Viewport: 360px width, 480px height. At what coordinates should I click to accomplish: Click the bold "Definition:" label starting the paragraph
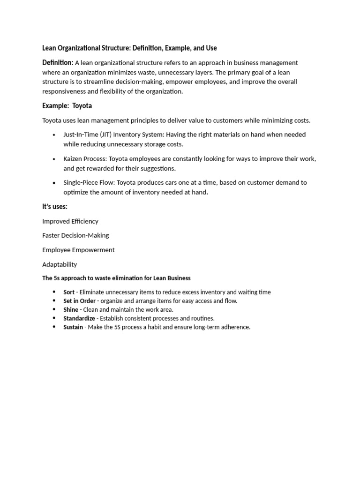coord(58,62)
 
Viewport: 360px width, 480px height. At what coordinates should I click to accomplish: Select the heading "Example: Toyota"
coord(67,106)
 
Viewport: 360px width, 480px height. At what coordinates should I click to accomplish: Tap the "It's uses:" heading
coord(55,206)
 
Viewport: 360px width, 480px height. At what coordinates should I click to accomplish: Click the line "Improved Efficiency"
coord(70,221)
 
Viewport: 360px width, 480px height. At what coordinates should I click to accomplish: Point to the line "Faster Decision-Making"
coord(75,235)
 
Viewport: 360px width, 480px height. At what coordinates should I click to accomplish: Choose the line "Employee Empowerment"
coord(78,250)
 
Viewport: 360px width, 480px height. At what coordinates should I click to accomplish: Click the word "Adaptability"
coord(60,264)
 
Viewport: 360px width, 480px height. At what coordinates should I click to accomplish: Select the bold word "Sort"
coord(69,292)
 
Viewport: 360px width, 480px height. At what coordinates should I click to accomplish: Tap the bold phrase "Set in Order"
coord(79,301)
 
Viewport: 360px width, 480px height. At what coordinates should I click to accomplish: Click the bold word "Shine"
coord(71,309)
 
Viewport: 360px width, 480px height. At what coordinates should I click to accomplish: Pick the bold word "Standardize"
coord(79,318)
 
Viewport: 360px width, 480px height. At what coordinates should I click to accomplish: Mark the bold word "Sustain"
coord(74,327)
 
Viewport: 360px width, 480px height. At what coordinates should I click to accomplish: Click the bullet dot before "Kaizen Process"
coord(54,159)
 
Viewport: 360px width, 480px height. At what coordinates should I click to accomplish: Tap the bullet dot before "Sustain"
coord(54,327)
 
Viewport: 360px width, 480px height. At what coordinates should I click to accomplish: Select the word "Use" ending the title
coord(211,48)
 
